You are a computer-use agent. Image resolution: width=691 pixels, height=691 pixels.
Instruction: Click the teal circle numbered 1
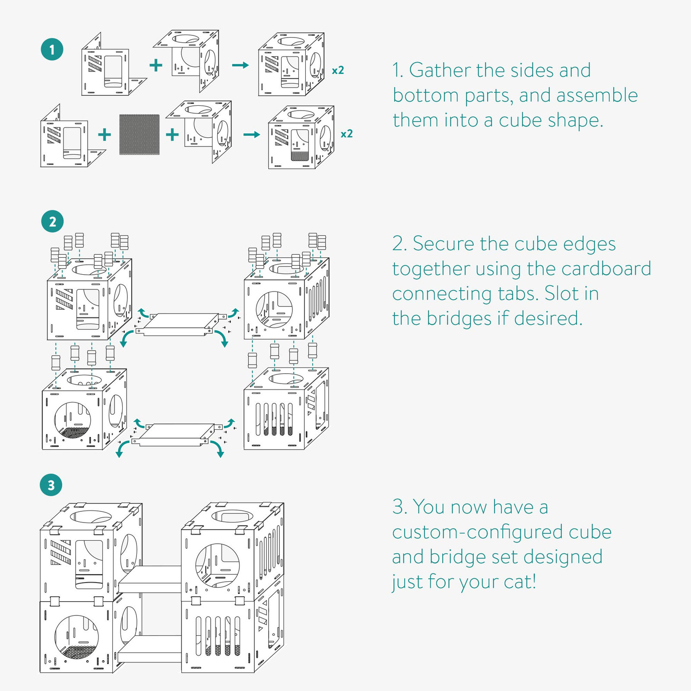coord(52,49)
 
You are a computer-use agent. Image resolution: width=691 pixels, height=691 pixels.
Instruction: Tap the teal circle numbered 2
coord(52,222)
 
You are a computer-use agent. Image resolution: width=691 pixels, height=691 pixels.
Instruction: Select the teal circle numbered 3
coord(51,485)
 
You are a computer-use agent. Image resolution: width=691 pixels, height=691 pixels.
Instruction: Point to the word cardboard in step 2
coord(606,269)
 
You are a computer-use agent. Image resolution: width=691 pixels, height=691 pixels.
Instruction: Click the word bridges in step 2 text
coord(459,319)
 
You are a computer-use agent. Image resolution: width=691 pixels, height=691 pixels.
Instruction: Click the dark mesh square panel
coord(139,134)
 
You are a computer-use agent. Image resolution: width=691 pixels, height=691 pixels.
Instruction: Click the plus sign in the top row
coord(155,65)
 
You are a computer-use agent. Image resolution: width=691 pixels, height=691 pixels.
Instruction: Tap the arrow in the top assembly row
coord(240,65)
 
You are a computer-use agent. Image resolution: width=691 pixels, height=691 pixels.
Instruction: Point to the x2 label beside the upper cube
coord(338,70)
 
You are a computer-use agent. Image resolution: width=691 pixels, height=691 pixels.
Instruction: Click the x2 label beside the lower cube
coord(347,134)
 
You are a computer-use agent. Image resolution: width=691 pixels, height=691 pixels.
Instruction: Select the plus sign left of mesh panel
coord(105,135)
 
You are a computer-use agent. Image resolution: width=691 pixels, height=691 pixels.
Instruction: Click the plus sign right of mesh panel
coord(172,135)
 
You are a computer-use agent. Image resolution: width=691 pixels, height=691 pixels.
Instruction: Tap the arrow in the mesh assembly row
coord(252,135)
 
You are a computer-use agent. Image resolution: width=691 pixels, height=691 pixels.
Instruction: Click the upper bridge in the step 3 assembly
coord(149,579)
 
